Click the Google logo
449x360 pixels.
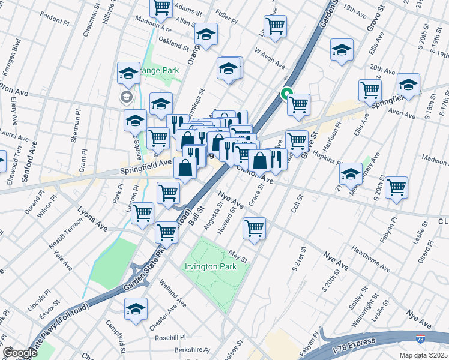[x=19, y=353]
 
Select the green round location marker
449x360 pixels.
[x=287, y=94]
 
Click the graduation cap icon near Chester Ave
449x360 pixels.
[x=136, y=309]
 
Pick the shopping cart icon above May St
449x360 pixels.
[x=255, y=228]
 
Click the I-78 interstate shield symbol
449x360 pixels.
[x=421, y=341]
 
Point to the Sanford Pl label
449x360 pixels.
[x=55, y=20]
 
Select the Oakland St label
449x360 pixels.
[x=173, y=44]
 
